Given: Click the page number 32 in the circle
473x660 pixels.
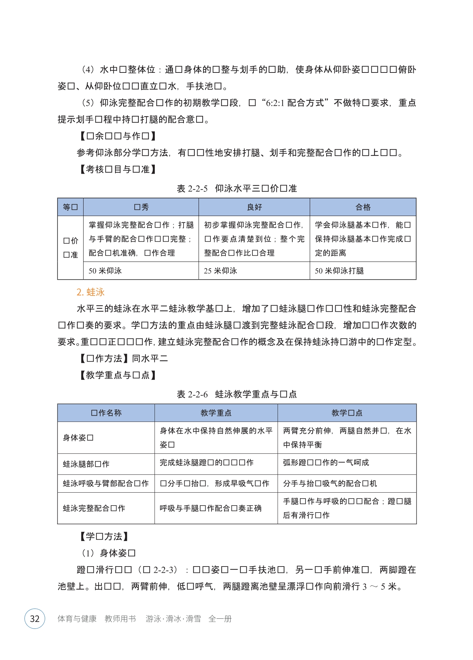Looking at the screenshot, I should [x=35, y=619].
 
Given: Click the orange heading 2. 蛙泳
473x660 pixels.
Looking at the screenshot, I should [x=91, y=292].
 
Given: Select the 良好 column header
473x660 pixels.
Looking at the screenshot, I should [x=254, y=207].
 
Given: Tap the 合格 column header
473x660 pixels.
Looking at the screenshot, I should [x=363, y=207].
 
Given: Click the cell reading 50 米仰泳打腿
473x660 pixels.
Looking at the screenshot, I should [x=339, y=271].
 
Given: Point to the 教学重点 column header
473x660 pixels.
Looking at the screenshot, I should [x=216, y=413].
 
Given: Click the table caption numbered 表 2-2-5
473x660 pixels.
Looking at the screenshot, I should [x=237, y=189].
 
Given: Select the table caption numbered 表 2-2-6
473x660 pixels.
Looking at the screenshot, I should [x=237, y=394].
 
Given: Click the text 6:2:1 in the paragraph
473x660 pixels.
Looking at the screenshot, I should [x=275, y=103].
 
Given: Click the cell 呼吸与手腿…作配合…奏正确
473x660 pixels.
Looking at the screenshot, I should [x=210, y=508].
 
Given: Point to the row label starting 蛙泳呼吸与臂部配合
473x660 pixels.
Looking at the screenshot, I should [x=106, y=484].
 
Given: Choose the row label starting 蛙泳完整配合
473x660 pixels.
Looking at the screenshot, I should [x=94, y=508].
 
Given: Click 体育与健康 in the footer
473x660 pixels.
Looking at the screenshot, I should [x=77, y=619].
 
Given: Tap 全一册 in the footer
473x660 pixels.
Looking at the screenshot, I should [x=220, y=619].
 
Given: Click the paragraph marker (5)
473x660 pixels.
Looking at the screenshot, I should [x=88, y=103].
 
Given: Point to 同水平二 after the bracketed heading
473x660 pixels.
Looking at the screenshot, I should [x=150, y=359].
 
